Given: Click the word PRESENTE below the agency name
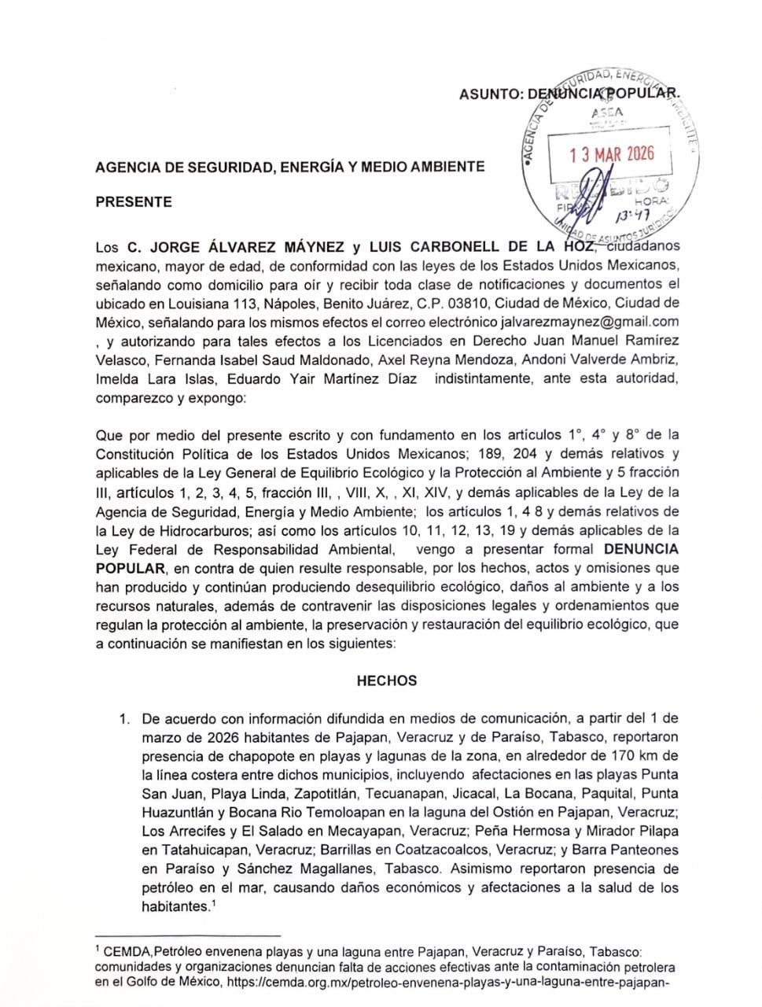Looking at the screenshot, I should pyautogui.click(x=133, y=201).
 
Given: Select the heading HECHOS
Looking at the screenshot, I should pyautogui.click(x=387, y=681).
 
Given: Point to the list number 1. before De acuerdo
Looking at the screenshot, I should pyautogui.click(x=123, y=718).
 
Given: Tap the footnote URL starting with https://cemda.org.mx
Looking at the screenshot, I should pyautogui.click(x=449, y=982).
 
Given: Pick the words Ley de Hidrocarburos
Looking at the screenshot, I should pyautogui.click(x=165, y=529).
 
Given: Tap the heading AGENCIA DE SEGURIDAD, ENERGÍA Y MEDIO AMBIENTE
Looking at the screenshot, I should pyautogui.click(x=289, y=167).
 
